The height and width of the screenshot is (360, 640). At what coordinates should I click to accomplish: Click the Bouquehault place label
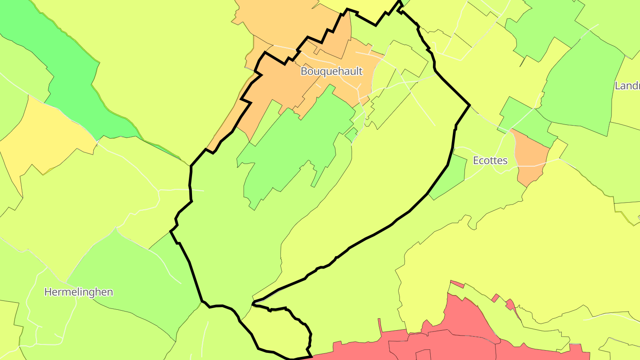332,71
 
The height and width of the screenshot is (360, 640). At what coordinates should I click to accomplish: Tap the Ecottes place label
490,160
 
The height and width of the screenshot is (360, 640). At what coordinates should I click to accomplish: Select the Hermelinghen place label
79,292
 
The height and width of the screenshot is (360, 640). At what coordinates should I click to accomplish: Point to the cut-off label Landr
627,86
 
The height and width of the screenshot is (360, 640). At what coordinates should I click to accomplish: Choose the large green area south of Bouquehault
293,142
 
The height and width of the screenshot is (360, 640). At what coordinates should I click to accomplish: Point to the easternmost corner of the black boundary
470,105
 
